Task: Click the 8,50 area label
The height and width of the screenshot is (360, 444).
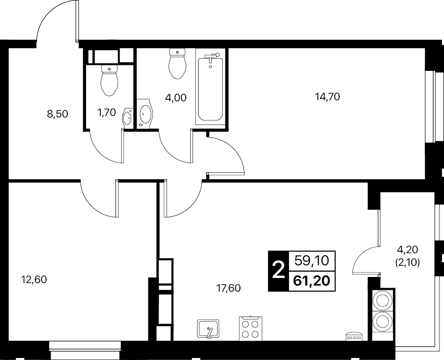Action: click(x=58, y=114)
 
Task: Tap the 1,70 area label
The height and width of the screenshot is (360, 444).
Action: click(x=106, y=112)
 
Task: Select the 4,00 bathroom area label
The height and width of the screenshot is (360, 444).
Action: click(x=176, y=98)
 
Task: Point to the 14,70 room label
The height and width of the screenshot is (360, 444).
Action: click(x=328, y=97)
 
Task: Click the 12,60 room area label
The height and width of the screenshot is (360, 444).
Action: click(x=34, y=279)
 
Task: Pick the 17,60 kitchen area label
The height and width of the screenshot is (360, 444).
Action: click(x=228, y=288)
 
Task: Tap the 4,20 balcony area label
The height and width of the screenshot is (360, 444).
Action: click(x=408, y=250)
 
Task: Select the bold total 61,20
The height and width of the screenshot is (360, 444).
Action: click(x=312, y=281)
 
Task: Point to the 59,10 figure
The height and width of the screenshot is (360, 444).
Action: click(x=312, y=260)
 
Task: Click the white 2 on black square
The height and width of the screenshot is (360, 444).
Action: click(x=278, y=271)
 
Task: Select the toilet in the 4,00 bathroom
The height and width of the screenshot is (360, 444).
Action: click(x=177, y=64)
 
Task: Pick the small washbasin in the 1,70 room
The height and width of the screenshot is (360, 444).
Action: click(x=128, y=117)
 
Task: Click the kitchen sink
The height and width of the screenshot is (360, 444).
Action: click(x=208, y=329)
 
